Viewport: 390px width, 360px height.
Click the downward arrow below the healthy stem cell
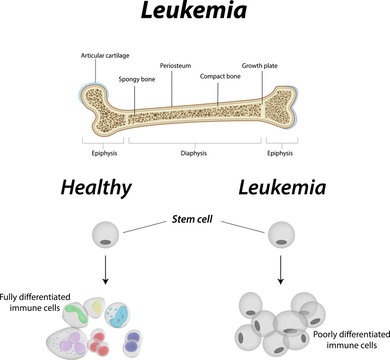pyautogui.click(x=105, y=271)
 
